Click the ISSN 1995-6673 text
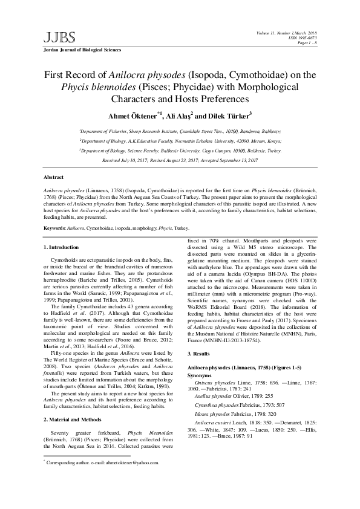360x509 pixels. (x=307, y=37)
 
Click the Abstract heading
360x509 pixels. (x=54, y=177)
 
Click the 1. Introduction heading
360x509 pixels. (x=62, y=247)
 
